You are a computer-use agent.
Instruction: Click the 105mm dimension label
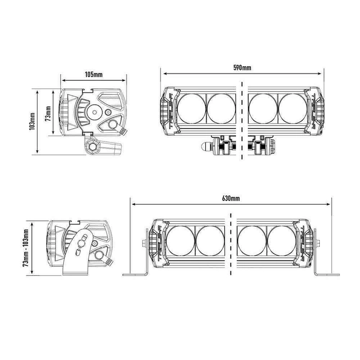[94, 75]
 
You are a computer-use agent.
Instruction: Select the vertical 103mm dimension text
[32, 122]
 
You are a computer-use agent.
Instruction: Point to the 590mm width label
[242, 68]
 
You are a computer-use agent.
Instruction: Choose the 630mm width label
[231, 198]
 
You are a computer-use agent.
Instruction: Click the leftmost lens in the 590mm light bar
[191, 106]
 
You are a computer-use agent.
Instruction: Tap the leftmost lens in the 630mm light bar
[181, 241]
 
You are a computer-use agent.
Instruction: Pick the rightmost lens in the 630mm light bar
[282, 241]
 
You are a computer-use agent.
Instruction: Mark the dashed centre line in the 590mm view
[240, 118]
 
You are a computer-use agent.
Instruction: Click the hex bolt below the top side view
[93, 146]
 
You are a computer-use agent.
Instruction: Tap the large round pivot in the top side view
[95, 111]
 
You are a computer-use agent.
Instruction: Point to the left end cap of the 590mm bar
[166, 107]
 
